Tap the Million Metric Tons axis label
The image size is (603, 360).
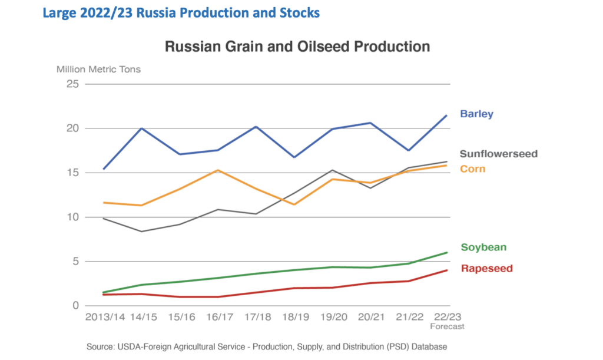pyautogui.click(x=98, y=69)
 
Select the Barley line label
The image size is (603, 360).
pyautogui.click(x=476, y=114)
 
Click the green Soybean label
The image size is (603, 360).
pyautogui.click(x=483, y=247)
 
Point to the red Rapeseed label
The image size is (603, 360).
pyautogui.click(x=486, y=269)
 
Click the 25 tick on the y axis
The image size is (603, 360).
pyautogui.click(x=72, y=84)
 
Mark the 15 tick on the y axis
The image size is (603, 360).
pyautogui.click(x=72, y=173)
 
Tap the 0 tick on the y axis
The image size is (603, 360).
pyautogui.click(x=76, y=306)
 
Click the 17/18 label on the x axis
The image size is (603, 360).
pyautogui.click(x=257, y=318)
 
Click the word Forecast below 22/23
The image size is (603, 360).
pyautogui.click(x=447, y=326)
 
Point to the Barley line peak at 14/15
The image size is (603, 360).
pyautogui.click(x=142, y=128)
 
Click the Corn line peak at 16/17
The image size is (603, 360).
pyautogui.click(x=218, y=170)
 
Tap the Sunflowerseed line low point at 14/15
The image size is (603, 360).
pyautogui.click(x=142, y=232)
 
